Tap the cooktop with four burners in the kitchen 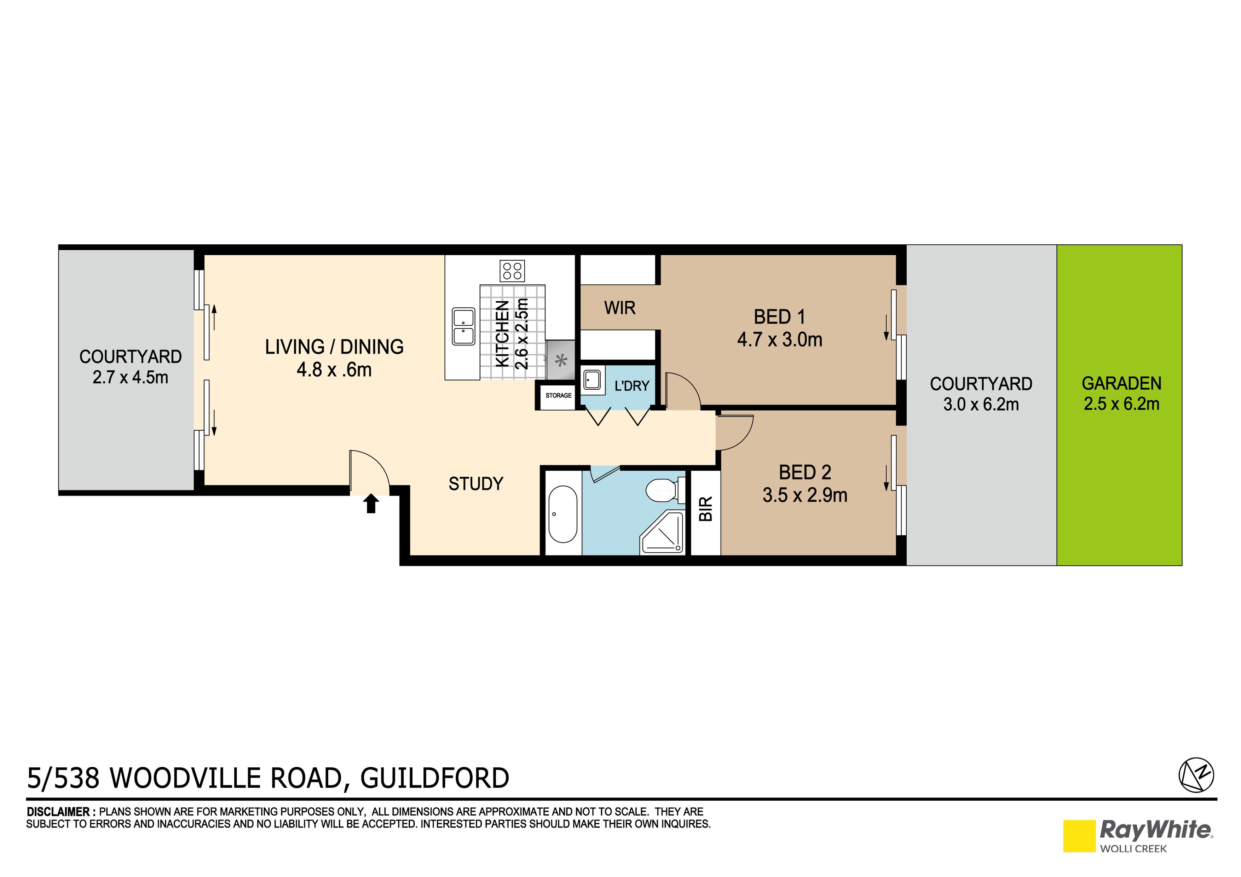pyautogui.click(x=512, y=271)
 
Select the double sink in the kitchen pyautogui.click(x=463, y=326)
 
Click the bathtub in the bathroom pyautogui.click(x=563, y=514)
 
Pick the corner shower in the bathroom pyautogui.click(x=662, y=532)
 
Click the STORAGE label pyautogui.click(x=558, y=396)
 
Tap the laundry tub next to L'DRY pyautogui.click(x=593, y=380)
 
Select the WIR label pyautogui.click(x=619, y=308)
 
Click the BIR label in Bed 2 pyautogui.click(x=706, y=509)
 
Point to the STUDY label pyautogui.click(x=476, y=484)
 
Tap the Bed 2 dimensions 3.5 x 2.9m pyautogui.click(x=805, y=495)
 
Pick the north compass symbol pyautogui.click(x=1196, y=775)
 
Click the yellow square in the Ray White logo pyautogui.click(x=1079, y=836)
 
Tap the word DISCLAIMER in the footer pyautogui.click(x=58, y=812)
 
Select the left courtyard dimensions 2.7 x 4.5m pyautogui.click(x=130, y=377)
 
